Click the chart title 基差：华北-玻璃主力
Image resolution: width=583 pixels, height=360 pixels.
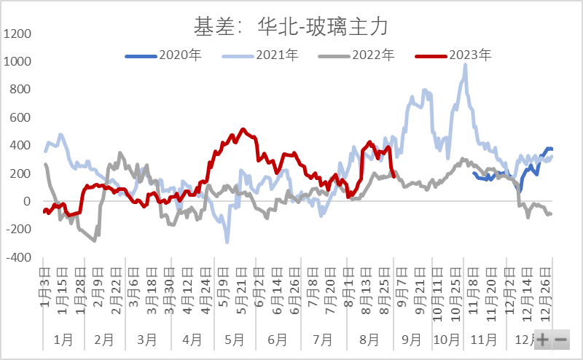coord(290,28)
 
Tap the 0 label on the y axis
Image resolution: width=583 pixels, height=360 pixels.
coord(26,201)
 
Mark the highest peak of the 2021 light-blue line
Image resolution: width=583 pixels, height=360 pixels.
coord(465,65)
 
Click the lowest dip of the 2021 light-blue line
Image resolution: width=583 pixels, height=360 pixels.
coord(227,241)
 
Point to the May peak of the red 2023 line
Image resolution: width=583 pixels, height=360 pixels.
coord(243,130)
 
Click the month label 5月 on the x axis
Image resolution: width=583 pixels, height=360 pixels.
coord(232,339)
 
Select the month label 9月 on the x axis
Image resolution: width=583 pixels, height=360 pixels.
coord(412,339)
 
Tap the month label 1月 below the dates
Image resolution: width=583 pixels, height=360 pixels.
coord(64,339)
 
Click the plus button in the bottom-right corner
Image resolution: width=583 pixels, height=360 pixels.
coord(543,340)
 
